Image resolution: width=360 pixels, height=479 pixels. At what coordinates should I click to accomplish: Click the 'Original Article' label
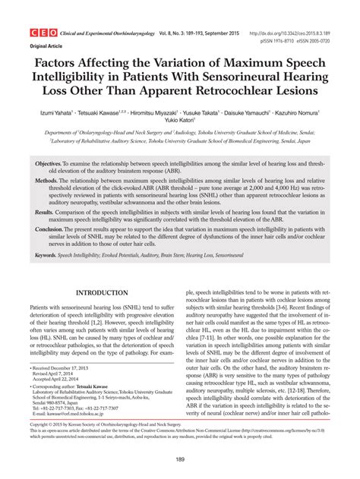coord(46,46)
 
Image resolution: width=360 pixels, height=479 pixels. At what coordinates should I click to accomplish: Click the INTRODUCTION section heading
coord(98,293)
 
